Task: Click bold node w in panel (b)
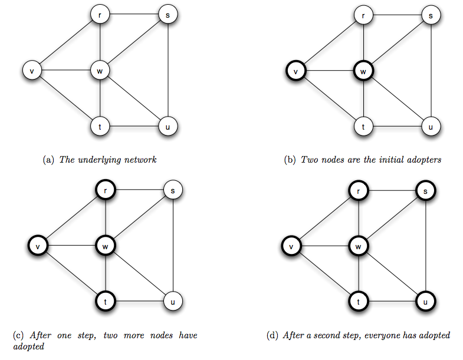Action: [363, 71]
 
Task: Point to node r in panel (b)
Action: [363, 15]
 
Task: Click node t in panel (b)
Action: [363, 126]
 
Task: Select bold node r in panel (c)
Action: [106, 191]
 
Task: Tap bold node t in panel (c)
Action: [106, 302]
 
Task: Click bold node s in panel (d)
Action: [426, 191]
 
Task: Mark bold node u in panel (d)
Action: [426, 302]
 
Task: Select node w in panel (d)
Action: [358, 246]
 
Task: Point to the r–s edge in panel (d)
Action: [392, 191]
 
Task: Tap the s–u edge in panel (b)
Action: [432, 71]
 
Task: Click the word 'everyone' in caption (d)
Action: [389, 335]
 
